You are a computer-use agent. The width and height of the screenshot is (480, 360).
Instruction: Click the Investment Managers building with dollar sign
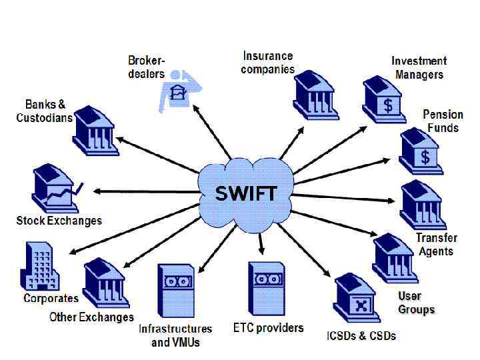point(385,101)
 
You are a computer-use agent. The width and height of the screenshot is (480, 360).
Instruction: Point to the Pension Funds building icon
point(421,151)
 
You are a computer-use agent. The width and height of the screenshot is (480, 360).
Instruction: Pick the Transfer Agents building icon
point(423,205)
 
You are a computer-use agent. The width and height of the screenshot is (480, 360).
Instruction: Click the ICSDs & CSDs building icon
point(358,298)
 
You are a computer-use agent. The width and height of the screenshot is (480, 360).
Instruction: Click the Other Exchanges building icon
point(105,283)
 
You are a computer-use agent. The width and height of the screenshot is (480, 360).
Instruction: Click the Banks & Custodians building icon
point(97,130)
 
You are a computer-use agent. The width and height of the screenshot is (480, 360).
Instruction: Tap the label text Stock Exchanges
point(59,221)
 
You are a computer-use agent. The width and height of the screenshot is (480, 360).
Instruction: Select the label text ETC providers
point(268,327)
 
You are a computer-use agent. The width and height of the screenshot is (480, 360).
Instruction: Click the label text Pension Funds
point(443,121)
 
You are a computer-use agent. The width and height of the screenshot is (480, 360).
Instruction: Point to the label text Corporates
point(51,298)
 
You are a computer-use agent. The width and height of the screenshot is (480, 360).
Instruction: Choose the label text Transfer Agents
point(437,245)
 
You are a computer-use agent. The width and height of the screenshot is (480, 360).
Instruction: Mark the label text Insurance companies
point(268,63)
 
